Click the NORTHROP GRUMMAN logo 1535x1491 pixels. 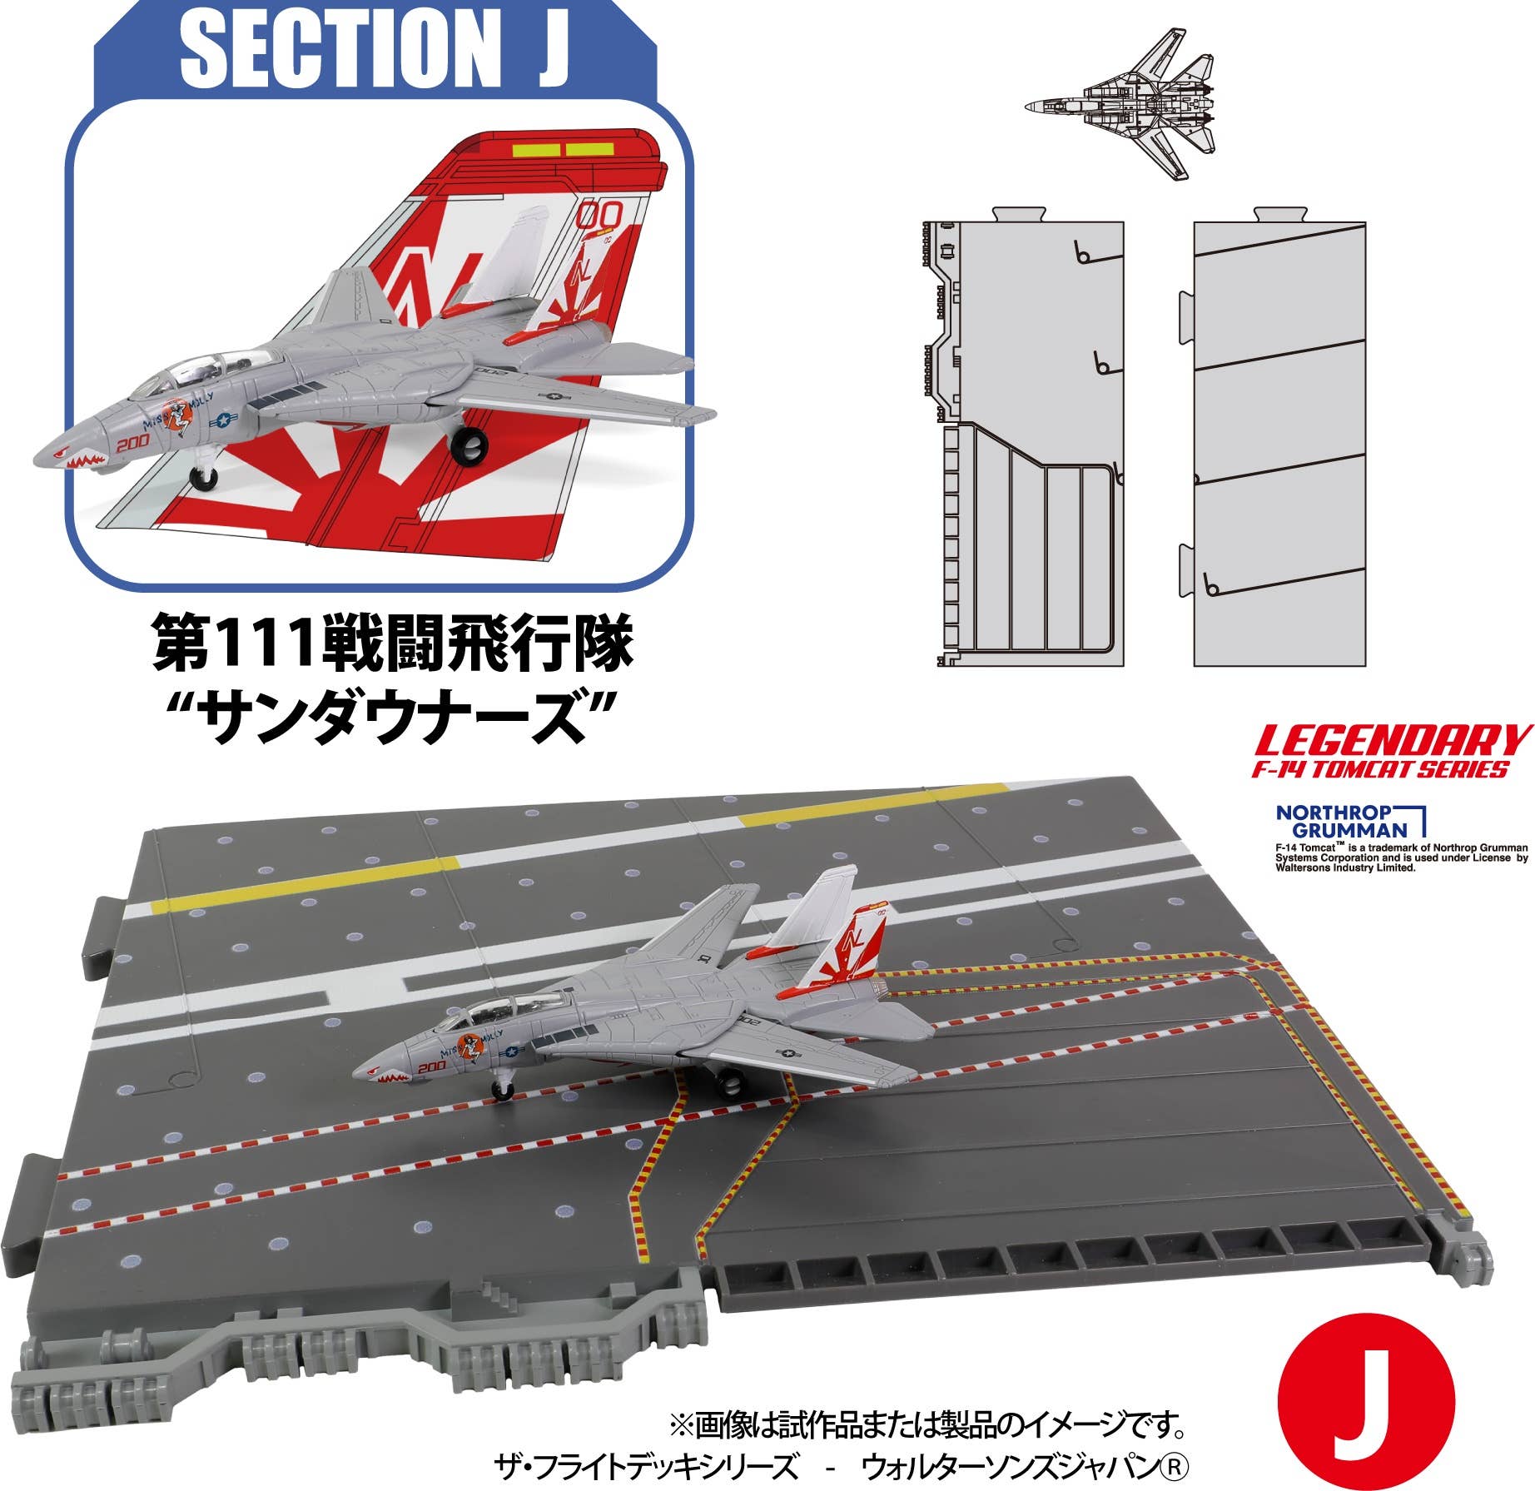pyautogui.click(x=1349, y=821)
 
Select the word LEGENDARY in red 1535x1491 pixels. pyautogui.click(x=1392, y=741)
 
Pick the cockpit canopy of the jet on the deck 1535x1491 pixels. pyautogui.click(x=492, y=1014)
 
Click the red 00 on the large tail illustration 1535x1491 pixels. pyautogui.click(x=599, y=216)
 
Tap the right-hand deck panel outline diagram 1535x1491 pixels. pyautogui.click(x=1279, y=443)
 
